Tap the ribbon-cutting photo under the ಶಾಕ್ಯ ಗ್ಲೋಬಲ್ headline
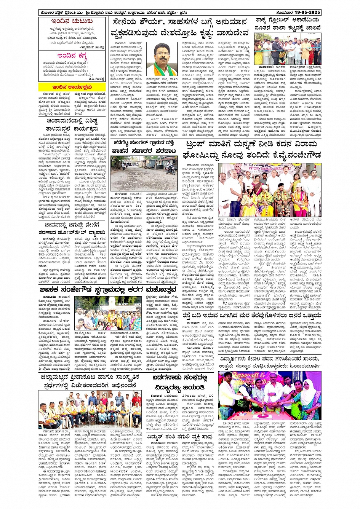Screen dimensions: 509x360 (288, 49)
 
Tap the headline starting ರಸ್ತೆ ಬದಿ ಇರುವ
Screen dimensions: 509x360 (251, 316)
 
